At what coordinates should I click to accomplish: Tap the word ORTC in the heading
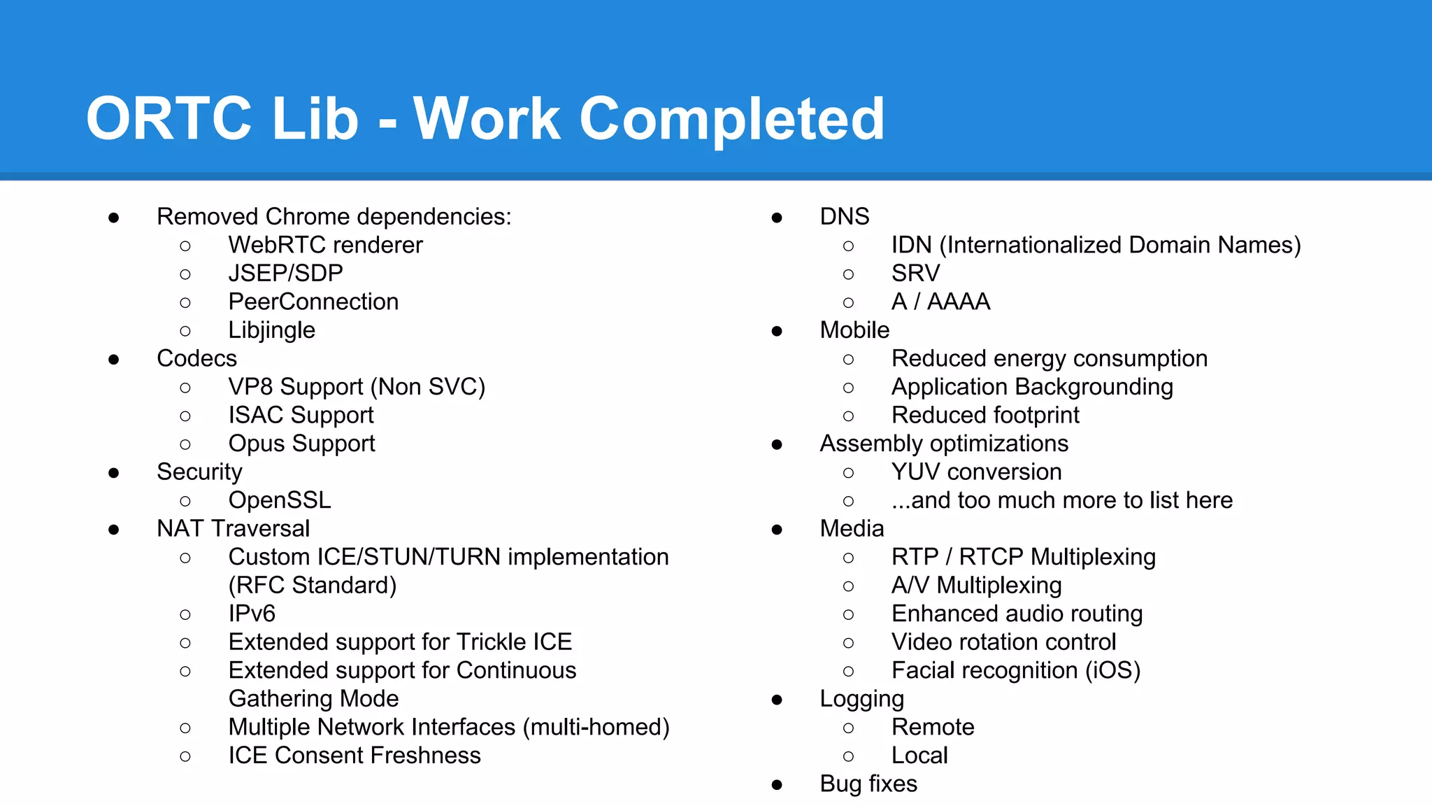coord(169,119)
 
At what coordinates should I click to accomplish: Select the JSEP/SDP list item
coord(285,274)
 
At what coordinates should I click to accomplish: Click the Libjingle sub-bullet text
coord(271,330)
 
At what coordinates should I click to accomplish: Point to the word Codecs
coord(196,358)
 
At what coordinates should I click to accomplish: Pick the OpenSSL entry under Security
coord(280,500)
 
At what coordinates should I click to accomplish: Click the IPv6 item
coord(252,614)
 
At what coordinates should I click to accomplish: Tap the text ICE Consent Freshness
coord(355,756)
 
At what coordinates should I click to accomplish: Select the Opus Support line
coord(301,444)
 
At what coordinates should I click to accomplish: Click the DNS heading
coord(844,217)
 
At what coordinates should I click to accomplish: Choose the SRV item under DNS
coord(915,274)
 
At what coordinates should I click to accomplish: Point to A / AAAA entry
coord(940,302)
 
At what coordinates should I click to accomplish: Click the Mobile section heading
coord(854,330)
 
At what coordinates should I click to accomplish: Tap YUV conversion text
coord(976,472)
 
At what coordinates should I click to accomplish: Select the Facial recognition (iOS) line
coord(1015,670)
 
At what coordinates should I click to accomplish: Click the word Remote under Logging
coord(933,727)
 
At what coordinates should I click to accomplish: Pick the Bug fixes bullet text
coord(868,784)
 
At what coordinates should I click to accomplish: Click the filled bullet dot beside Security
coord(114,473)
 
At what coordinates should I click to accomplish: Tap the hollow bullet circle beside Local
coord(848,756)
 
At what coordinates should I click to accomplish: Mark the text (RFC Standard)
coord(313,586)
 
